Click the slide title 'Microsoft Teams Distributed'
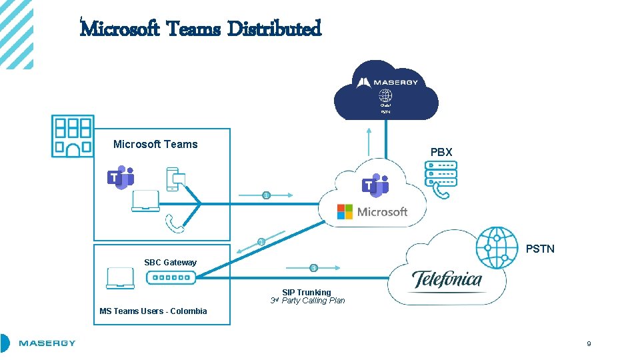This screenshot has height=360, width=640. click(x=201, y=29)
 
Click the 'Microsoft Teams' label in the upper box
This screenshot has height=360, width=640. click(x=155, y=144)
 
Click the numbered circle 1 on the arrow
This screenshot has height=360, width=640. click(x=267, y=195)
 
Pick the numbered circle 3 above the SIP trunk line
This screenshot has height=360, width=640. click(x=313, y=268)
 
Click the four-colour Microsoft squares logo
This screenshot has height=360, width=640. click(x=345, y=212)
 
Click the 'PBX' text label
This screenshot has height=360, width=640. click(x=441, y=152)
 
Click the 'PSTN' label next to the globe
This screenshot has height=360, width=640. click(x=540, y=249)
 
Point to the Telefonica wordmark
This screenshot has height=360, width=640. click(x=446, y=279)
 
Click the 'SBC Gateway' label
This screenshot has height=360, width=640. click(x=170, y=263)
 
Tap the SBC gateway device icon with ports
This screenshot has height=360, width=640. click(x=170, y=278)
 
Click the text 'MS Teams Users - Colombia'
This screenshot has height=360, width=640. click(x=153, y=311)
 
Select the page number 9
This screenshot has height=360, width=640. click(x=589, y=344)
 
